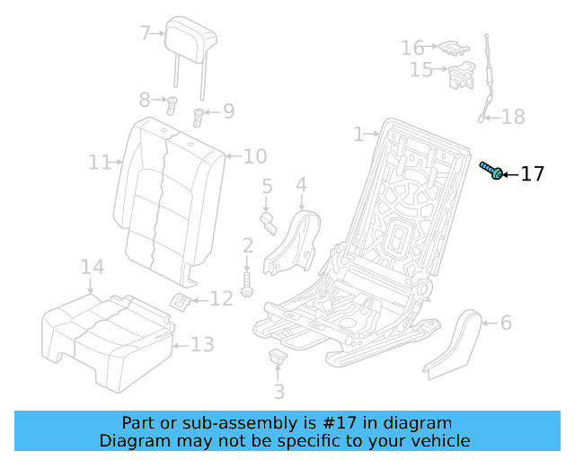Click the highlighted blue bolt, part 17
tap(491, 170)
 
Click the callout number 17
tap(532, 173)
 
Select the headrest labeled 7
tap(191, 38)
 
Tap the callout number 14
tap(93, 267)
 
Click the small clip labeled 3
tap(278, 359)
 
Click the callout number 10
tap(255, 156)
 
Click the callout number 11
tap(99, 163)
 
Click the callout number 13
tap(203, 344)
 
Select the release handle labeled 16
tap(448, 46)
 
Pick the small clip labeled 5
tap(268, 221)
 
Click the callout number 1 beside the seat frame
tap(358, 135)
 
